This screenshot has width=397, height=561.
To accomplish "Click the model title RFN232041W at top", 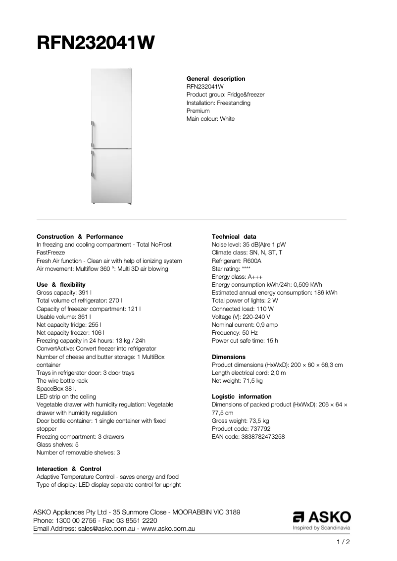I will (x=96, y=43).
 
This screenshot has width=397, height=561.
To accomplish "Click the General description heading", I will (x=215, y=79).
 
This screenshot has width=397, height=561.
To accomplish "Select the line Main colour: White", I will (x=210, y=119).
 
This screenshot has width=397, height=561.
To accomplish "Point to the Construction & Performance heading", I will (x=80, y=237).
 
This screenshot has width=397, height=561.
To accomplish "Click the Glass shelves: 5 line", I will (x=57, y=445).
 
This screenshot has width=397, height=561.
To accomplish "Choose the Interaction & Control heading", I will (x=69, y=468).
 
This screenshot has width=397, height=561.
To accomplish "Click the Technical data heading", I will (x=234, y=237).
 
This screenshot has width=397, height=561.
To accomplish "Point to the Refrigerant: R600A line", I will (x=236, y=260).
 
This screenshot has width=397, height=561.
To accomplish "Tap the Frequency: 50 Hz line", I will (x=234, y=333).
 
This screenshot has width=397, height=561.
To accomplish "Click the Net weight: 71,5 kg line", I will (x=237, y=381).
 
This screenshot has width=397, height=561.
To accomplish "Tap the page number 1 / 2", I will (x=343, y=542).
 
